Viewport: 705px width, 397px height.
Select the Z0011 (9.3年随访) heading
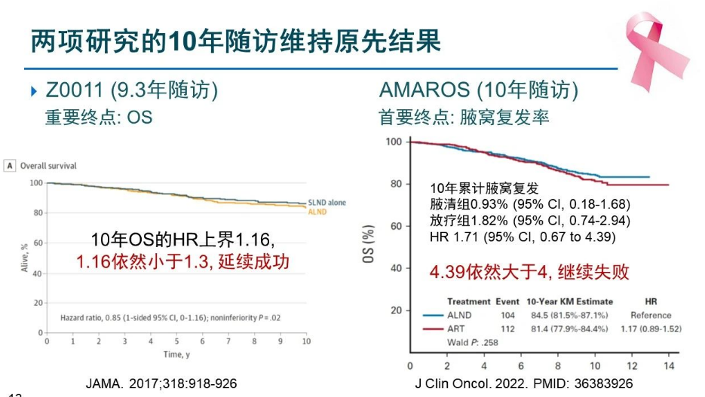131,91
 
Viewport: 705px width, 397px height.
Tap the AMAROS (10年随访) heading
479,91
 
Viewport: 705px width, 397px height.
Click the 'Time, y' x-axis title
176,354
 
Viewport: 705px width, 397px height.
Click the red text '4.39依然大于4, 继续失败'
529,272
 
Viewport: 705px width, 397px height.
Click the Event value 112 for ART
508,328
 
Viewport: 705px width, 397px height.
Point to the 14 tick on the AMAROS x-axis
667,365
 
